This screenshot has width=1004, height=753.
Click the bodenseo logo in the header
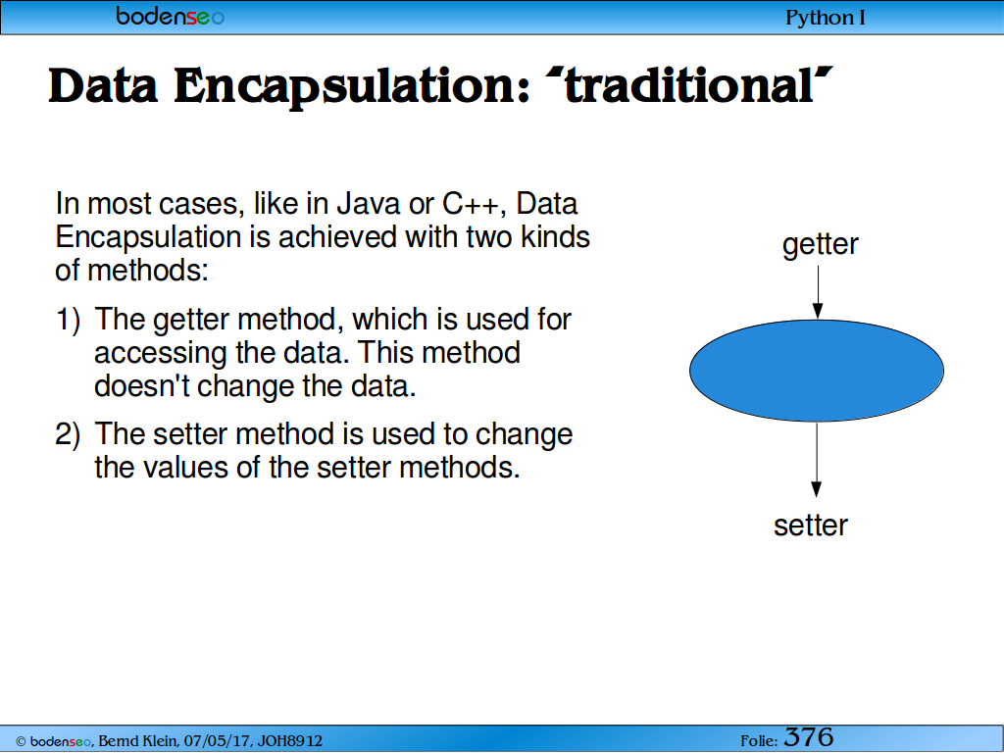[170, 16]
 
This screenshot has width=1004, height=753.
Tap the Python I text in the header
[826, 18]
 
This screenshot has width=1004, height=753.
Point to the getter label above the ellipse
[821, 244]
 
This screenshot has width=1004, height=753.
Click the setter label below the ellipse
[811, 526]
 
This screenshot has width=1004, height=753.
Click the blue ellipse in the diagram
[817, 371]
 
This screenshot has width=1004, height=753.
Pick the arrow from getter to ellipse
[818, 292]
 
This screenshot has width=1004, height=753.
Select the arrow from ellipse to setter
[817, 460]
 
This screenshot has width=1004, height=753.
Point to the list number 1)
[68, 320]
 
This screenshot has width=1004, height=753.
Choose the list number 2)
[68, 434]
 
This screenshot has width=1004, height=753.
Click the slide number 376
[809, 737]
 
